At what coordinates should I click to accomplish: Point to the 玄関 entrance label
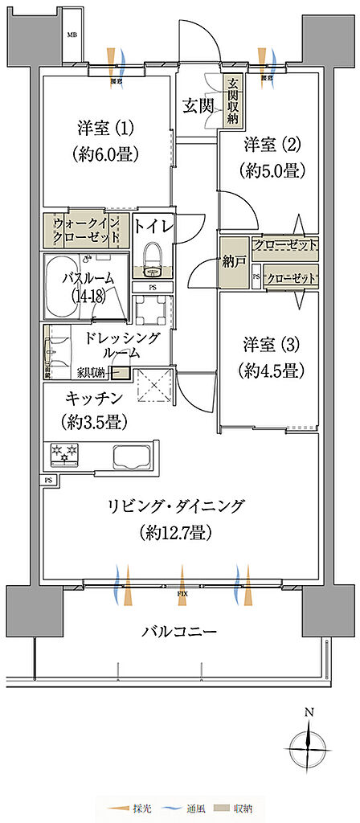197,104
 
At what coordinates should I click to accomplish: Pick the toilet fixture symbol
152,259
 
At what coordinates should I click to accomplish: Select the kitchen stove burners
64,454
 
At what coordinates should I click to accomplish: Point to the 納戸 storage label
235,262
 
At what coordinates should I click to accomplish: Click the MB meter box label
72,35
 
